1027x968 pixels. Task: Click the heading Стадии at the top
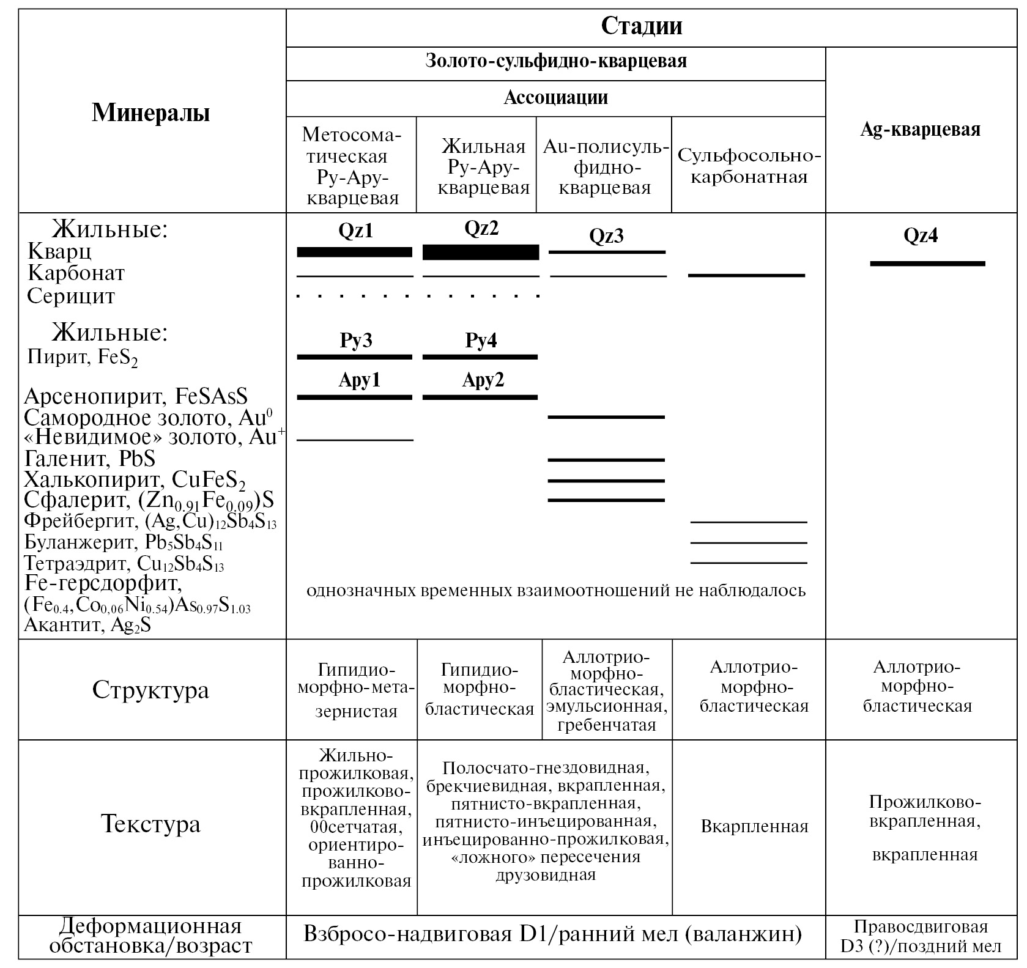642,26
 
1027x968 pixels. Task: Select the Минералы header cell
151,113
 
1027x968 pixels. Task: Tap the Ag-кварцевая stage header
920,130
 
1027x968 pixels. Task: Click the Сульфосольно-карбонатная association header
749,166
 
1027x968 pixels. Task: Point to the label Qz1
355,231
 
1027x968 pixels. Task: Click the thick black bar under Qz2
481,253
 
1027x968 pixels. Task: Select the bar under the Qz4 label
927,264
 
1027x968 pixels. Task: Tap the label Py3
356,340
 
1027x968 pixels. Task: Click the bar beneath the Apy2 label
480,397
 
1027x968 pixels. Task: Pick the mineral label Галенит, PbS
90,458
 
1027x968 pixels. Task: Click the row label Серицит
71,297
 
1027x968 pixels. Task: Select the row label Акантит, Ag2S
87,625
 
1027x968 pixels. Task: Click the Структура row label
150,690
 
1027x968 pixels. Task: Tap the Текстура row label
150,824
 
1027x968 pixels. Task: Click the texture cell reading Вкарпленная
754,827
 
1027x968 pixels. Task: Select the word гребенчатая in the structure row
606,725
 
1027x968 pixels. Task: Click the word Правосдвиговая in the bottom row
921,926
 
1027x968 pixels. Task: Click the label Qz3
606,236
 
